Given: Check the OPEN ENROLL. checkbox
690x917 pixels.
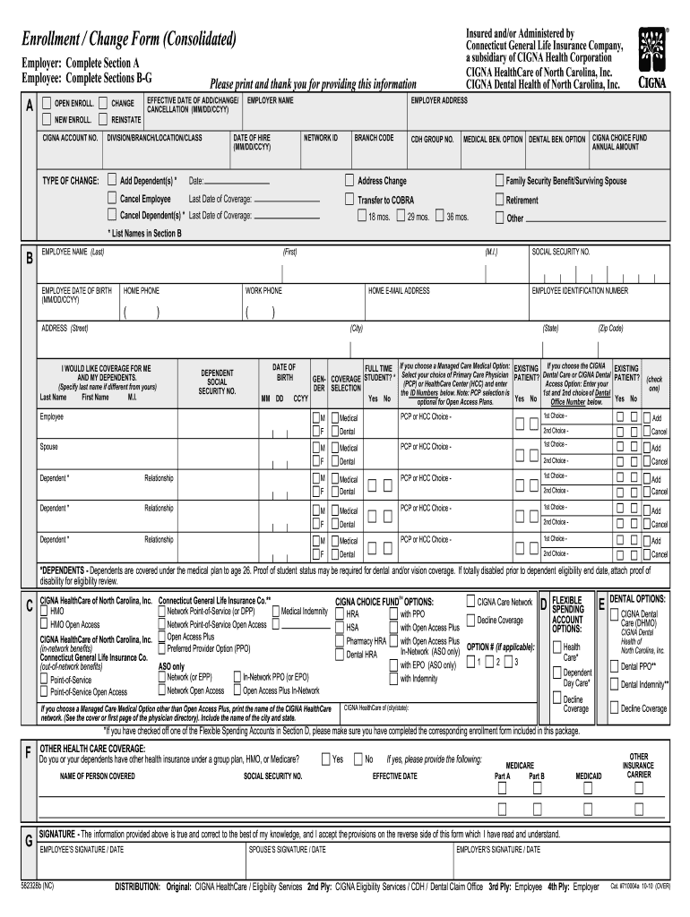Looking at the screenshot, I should [x=47, y=103].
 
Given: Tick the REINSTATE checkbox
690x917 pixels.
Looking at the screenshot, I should [x=104, y=119].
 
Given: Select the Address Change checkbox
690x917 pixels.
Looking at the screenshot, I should [x=350, y=180].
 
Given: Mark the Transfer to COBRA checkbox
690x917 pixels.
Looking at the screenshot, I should [x=350, y=200].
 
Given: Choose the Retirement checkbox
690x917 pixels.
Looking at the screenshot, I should [x=499, y=200].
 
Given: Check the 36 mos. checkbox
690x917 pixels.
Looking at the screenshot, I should [x=439, y=216].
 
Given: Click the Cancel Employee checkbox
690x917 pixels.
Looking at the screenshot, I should [x=112, y=198].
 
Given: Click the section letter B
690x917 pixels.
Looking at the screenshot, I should [x=29, y=260].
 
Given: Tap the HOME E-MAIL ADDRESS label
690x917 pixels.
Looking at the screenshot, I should [x=399, y=291].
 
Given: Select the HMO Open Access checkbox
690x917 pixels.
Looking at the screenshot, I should [x=43, y=623].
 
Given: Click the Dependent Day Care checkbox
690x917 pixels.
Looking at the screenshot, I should [x=556, y=672].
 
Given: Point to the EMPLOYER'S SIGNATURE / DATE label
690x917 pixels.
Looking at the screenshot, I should [x=498, y=848].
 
